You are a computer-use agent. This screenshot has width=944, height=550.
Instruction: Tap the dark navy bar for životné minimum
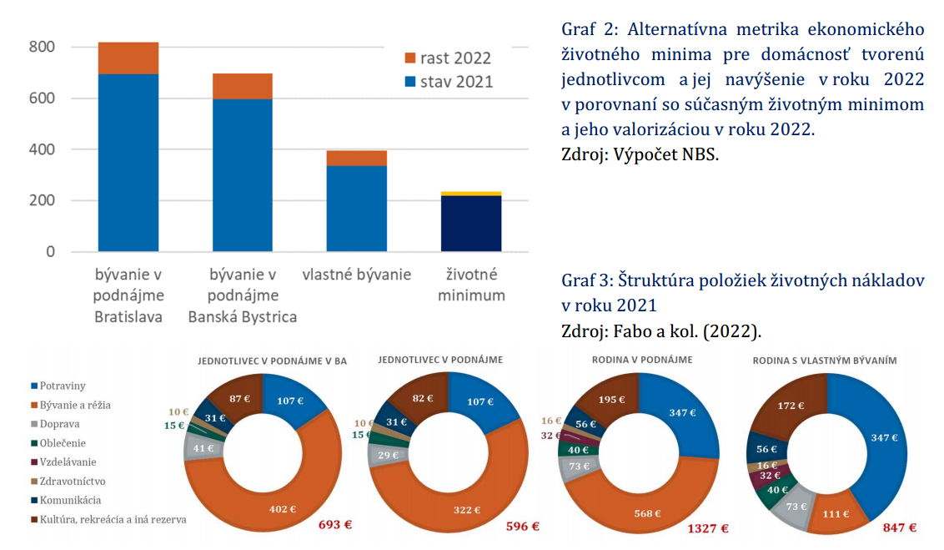point(471,223)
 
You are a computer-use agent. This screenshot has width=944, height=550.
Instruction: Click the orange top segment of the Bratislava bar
point(128,58)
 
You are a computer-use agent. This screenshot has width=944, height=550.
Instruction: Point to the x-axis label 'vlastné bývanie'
point(356,275)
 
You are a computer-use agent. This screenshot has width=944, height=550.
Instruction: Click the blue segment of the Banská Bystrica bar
point(243,174)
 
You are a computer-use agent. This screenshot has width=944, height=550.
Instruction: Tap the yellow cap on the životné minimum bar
point(471,194)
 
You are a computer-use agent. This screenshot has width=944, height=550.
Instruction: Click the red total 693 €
point(335,526)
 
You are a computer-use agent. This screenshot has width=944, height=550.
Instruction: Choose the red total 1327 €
point(708,527)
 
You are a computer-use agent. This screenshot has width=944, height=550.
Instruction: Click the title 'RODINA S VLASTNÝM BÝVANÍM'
point(824,361)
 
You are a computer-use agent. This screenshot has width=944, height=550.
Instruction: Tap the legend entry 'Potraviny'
point(63,386)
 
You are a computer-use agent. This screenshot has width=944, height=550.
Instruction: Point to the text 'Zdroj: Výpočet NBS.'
point(640,154)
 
